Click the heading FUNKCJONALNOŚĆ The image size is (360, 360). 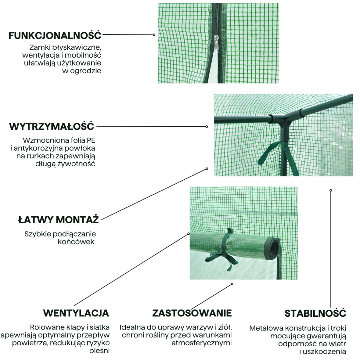point(55,35)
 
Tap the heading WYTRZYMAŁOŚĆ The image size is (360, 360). point(52,126)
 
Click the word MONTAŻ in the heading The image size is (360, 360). point(77,220)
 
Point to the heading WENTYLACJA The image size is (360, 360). point(76,313)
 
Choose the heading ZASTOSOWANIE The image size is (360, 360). point(192,313)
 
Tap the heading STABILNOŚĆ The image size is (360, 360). point(315,313)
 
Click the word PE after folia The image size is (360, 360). point(91,140)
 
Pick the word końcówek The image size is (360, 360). point(76,242)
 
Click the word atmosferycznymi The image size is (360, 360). point(202,343)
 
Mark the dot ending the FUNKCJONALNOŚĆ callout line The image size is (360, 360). point(154,35)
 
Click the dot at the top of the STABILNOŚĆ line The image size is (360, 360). point(331,190)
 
